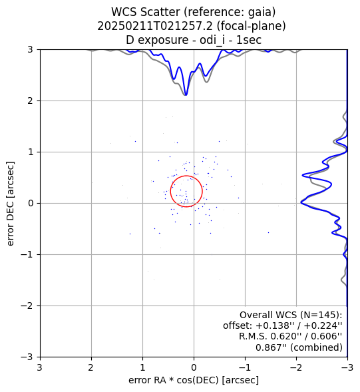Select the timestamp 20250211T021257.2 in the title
[x=155, y=26]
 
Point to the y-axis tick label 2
[x=31, y=101]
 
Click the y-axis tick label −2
[x=27, y=305]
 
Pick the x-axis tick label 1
[x=142, y=367]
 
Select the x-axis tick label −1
[x=245, y=367]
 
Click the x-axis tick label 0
[x=194, y=367]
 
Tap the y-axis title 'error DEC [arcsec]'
[x=10, y=204]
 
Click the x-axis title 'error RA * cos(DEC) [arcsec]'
[x=194, y=380]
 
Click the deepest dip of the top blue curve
[x=186, y=95]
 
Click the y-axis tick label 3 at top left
[x=31, y=49]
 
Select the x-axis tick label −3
[x=347, y=367]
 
